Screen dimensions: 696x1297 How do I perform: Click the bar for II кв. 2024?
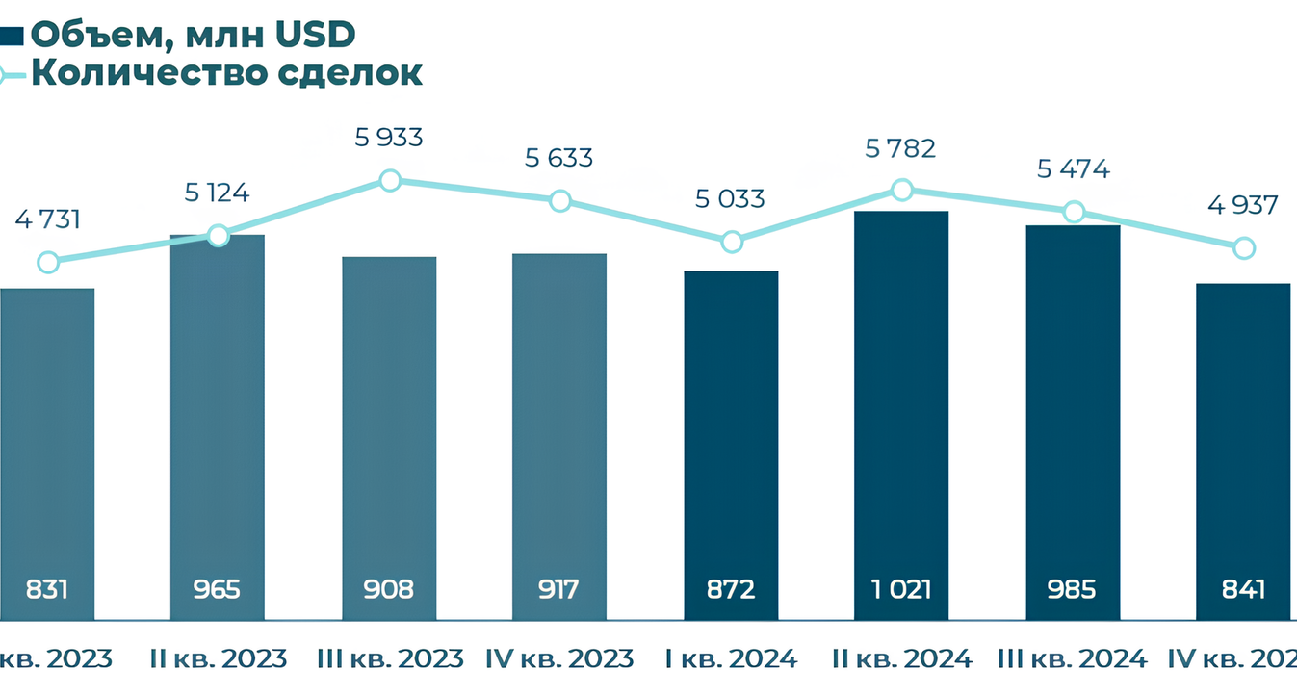pos(901,414)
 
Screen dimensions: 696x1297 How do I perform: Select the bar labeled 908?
pos(389,438)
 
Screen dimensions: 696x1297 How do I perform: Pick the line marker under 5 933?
pos(389,180)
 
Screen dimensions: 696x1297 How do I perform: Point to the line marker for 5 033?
pos(732,241)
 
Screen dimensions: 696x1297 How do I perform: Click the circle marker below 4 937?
pos(1244,247)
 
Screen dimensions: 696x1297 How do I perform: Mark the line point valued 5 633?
pos(559,200)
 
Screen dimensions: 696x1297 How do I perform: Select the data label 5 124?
pos(217,193)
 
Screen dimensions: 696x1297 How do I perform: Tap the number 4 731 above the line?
pos(47,219)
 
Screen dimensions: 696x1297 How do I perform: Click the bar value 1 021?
pos(901,588)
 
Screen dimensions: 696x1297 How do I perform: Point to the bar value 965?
pos(217,588)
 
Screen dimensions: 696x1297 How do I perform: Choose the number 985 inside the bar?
pos(1073,588)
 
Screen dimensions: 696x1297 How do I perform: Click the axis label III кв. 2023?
pos(390,658)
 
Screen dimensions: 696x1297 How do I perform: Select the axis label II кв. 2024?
pos(902,658)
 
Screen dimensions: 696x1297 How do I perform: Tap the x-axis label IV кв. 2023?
pos(560,658)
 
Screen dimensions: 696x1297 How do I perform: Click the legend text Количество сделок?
pos(227,73)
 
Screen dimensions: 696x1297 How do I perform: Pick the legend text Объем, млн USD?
pos(193,35)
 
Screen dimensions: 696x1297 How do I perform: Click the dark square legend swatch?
pos(12,37)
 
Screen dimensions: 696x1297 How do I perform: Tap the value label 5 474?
pos(1074,170)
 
